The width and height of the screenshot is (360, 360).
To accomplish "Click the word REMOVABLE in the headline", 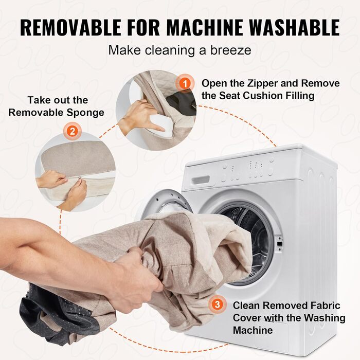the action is pos(71,28).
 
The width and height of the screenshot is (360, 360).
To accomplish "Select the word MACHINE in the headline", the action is pos(204,28).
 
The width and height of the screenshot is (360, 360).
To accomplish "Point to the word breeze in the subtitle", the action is pos(231,50).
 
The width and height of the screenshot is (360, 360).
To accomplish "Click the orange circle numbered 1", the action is pos(185,83).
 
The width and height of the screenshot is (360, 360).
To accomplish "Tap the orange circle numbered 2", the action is pos(73,132).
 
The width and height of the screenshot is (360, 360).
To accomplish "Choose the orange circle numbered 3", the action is pos(217,304).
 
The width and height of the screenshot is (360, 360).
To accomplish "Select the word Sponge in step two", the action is pos(85,113).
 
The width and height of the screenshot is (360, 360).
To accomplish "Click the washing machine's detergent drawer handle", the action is pos(201,179).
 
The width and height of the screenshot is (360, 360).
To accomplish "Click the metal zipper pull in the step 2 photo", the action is pos(80,178).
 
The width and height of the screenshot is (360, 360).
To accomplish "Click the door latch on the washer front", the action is pos(280,244).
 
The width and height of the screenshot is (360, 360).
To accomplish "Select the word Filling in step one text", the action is pos(300,96).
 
